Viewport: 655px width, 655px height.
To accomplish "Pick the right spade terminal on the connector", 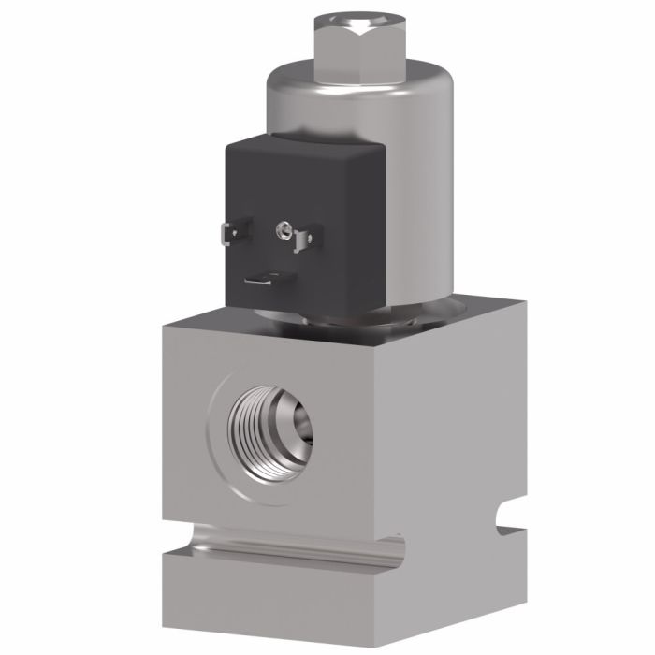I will tap(301, 240).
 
